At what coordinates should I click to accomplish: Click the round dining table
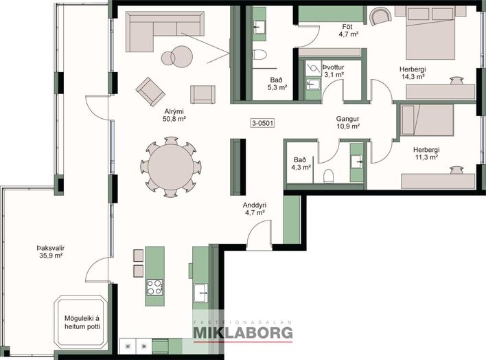pyautogui.click(x=171, y=167)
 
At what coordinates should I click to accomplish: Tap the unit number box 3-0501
pyautogui.click(x=262, y=123)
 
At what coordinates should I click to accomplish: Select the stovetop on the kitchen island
pyautogui.click(x=154, y=287)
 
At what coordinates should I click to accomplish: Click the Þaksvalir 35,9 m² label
pyautogui.click(x=51, y=251)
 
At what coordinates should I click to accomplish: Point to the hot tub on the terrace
pyautogui.click(x=80, y=322)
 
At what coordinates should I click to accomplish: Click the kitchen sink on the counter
pyautogui.click(x=201, y=293)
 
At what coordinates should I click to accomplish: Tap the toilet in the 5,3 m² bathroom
pyautogui.click(x=259, y=55)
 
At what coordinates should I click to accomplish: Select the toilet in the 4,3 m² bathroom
pyautogui.click(x=328, y=177)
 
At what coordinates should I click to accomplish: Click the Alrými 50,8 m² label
pyautogui.click(x=174, y=115)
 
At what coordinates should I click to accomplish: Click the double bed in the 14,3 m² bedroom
pyautogui.click(x=430, y=32)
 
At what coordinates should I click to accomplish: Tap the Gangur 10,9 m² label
pyautogui.click(x=348, y=122)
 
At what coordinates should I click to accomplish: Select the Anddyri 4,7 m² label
pyautogui.click(x=255, y=209)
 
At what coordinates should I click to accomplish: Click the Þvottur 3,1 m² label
pyautogui.click(x=334, y=71)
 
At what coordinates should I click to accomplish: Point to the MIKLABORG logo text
pyautogui.click(x=243, y=333)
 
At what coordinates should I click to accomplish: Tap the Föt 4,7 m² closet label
pyautogui.click(x=349, y=30)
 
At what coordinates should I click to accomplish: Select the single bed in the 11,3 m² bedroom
pyautogui.click(x=427, y=120)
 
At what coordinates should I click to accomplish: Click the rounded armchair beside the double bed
pyautogui.click(x=381, y=16)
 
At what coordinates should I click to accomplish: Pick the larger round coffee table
pyautogui.click(x=182, y=56)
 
